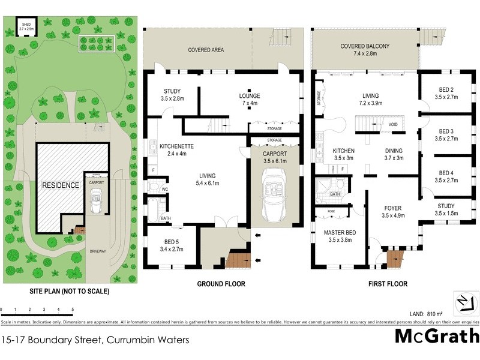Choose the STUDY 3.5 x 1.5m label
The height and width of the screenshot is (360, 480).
(448, 209)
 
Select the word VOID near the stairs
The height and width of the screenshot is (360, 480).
(393, 125)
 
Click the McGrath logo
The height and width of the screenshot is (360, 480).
(436, 335)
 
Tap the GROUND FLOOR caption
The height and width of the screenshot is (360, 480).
(223, 284)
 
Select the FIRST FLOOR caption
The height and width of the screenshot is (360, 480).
(387, 284)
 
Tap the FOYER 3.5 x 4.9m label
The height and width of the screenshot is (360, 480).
(396, 212)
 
